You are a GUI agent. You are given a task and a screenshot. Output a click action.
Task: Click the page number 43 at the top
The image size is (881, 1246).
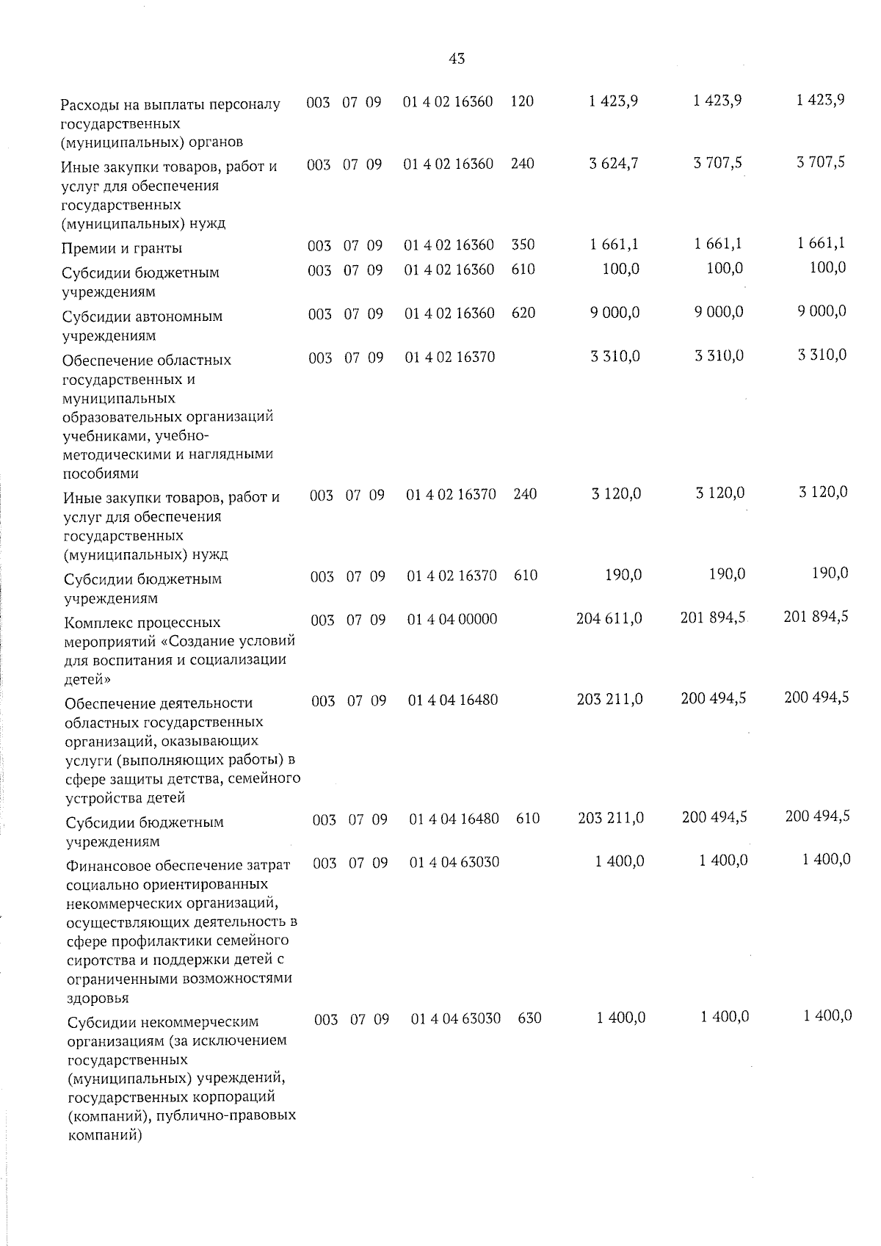point(456,59)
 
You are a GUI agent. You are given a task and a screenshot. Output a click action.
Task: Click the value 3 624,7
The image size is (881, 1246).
point(613,163)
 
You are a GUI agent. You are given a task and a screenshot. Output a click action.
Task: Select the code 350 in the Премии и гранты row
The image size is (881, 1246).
point(523,245)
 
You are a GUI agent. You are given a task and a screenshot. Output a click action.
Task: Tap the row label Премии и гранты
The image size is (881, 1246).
point(123,248)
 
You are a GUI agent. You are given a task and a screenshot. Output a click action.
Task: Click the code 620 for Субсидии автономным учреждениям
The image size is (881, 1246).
point(524,313)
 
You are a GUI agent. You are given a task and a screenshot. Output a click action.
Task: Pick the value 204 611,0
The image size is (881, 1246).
point(609,619)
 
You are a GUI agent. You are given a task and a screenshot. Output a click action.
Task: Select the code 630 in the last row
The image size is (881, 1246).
point(529,1018)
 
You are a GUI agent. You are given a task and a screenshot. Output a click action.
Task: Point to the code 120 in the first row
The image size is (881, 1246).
point(522,101)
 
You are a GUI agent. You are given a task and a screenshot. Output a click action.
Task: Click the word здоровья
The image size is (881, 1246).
point(98,998)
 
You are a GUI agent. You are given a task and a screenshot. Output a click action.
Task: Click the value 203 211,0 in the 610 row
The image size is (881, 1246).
point(611,817)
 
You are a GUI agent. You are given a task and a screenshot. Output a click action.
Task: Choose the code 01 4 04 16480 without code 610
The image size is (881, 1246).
point(453,700)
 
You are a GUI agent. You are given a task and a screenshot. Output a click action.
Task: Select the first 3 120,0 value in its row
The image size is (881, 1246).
point(616,494)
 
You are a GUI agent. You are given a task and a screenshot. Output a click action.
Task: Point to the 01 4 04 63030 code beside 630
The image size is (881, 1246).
point(456,1019)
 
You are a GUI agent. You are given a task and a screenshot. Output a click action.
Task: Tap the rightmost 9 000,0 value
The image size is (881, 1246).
point(822,311)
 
